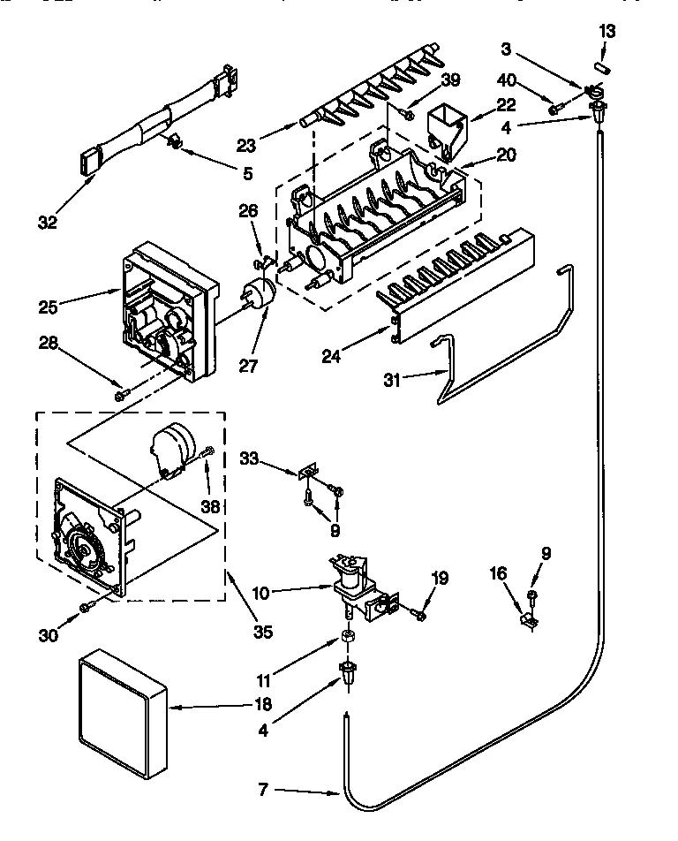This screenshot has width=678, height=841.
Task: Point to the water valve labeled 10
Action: pos(350,583)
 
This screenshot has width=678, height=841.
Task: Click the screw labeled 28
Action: pos(121,395)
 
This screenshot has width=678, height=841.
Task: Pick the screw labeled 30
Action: pos(87,607)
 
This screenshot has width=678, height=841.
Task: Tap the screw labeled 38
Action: pos(208,451)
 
